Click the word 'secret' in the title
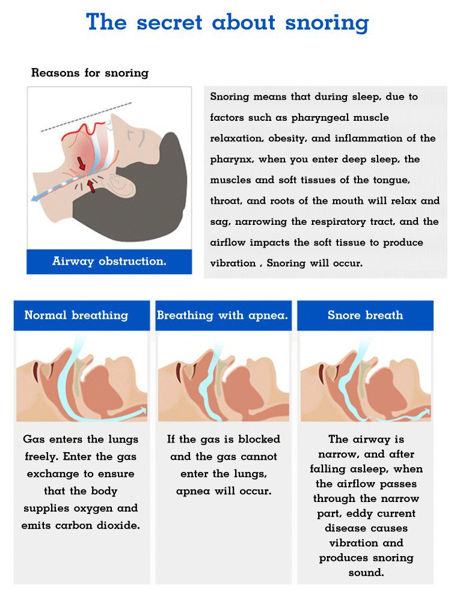(169, 22)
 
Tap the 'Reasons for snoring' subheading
(90, 72)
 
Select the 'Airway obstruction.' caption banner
(109, 262)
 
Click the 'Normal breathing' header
(76, 315)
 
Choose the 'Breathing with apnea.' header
(222, 315)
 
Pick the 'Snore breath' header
(365, 315)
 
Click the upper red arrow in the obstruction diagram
(81, 163)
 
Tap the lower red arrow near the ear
(91, 186)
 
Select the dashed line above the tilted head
(86, 117)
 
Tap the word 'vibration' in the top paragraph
(233, 263)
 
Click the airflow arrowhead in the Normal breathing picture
(143, 411)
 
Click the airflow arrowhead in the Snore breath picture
(426, 412)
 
